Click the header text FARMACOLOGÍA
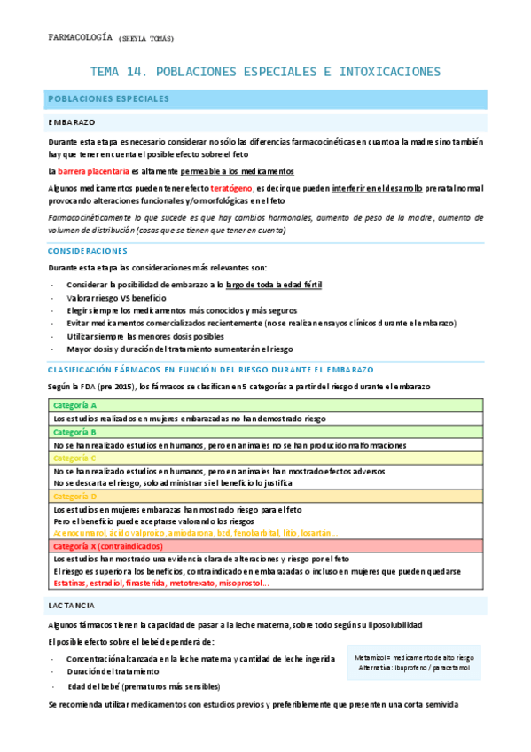(79, 38)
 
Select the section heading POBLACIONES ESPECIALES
(103, 99)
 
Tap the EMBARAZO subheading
(72, 122)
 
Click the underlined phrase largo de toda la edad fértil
(274, 284)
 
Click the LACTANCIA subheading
(72, 605)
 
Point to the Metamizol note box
(412, 663)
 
